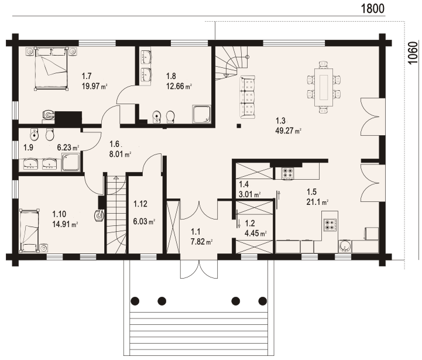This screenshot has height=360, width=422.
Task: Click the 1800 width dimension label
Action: [x=372, y=9]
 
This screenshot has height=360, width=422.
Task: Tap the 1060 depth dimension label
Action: [x=413, y=53]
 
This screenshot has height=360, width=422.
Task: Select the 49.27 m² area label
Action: [x=288, y=131]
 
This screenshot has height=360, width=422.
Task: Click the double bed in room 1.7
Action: [x=51, y=68]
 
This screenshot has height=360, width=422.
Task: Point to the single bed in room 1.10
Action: [x=29, y=230]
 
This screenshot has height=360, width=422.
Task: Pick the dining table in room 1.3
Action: [x=324, y=88]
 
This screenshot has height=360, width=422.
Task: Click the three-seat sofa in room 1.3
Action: [x=248, y=97]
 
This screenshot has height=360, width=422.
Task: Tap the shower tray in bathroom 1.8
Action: [x=201, y=114]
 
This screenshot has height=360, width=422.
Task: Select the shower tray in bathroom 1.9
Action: [x=71, y=162]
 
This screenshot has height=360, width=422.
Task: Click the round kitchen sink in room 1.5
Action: [x=345, y=246]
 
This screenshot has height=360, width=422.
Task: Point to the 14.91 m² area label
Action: [x=65, y=224]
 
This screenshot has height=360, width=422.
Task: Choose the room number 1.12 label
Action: [x=140, y=204]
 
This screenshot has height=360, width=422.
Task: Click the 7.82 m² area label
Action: [x=201, y=242]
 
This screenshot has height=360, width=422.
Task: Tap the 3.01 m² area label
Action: [x=249, y=194]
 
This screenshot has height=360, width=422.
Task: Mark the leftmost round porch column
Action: [x=135, y=301]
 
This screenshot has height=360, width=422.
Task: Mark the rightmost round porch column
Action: [x=262, y=301]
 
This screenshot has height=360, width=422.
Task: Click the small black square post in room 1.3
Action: [x=238, y=125]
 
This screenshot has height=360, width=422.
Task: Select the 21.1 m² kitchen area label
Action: [x=317, y=202]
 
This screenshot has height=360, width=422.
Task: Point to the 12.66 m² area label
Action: [x=179, y=86]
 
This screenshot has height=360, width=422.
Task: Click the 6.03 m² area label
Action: [x=144, y=221]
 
